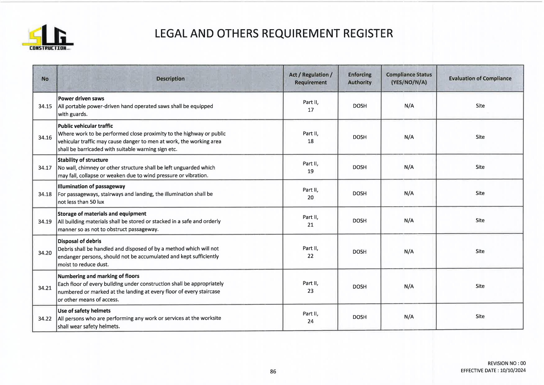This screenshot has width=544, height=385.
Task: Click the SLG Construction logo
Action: (x=47, y=38)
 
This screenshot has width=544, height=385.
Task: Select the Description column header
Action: (x=170, y=79)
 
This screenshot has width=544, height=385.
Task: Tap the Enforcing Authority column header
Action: (x=359, y=79)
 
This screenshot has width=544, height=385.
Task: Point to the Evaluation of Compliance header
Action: (x=480, y=79)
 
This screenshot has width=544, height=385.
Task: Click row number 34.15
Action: (x=45, y=106)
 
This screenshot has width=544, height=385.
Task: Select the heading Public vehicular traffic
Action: (x=85, y=126)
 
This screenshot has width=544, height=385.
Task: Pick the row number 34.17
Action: (x=45, y=168)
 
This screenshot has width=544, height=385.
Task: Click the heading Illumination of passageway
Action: (x=91, y=186)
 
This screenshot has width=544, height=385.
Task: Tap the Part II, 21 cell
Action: (x=310, y=221)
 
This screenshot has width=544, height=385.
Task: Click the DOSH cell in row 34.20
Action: (x=359, y=252)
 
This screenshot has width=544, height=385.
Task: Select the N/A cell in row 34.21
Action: (x=409, y=287)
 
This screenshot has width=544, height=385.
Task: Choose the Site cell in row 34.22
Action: (x=480, y=316)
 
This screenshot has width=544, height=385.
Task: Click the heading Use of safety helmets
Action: (x=84, y=311)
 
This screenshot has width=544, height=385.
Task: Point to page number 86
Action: (x=273, y=371)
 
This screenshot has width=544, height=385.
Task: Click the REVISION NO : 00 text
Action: (x=506, y=363)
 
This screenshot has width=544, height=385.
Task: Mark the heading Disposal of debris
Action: (x=79, y=241)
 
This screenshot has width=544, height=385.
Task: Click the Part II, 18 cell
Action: (x=310, y=137)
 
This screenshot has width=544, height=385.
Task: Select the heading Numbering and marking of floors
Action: (x=98, y=276)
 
